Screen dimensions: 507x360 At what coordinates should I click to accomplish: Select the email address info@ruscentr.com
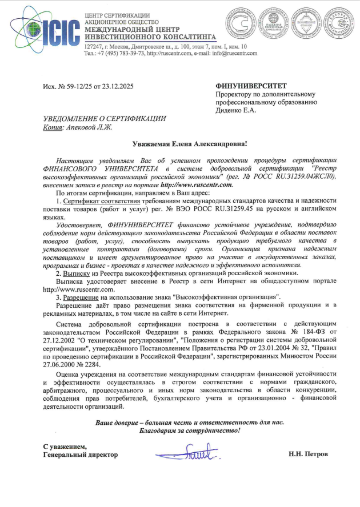click(235, 53)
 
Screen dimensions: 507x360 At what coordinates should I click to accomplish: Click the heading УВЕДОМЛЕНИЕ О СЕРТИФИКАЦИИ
click(105, 119)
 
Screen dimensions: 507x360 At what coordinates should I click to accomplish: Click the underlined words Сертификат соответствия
click(97, 201)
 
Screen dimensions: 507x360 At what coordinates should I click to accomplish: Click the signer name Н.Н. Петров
click(309, 454)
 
